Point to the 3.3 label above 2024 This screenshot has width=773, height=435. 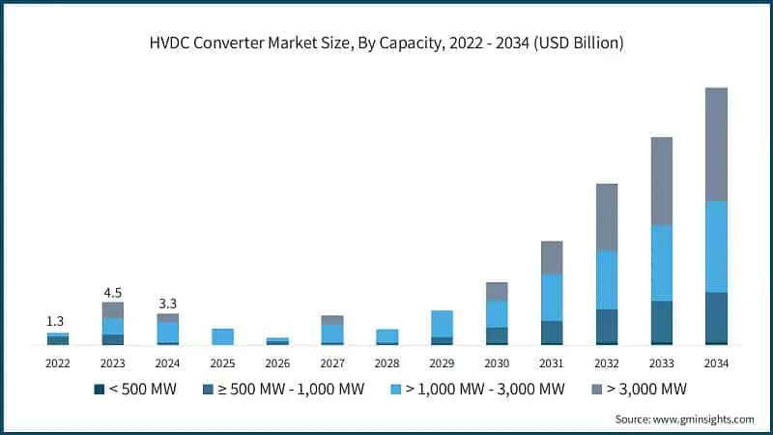(x=168, y=304)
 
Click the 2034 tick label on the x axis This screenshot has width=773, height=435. (x=717, y=362)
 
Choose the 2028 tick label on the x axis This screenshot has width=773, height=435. (x=387, y=362)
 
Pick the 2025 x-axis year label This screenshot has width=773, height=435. (x=222, y=362)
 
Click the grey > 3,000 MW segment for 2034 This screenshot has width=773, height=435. (x=717, y=144)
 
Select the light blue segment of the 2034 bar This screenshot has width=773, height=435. (x=717, y=246)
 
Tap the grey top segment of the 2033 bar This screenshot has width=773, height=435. (x=662, y=181)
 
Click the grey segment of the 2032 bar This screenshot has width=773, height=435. (x=607, y=217)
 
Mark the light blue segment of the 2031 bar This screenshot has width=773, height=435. (x=552, y=298)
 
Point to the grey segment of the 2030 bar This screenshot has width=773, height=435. (x=497, y=291)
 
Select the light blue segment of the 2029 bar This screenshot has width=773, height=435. (x=442, y=324)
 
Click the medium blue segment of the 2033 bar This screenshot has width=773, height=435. (x=662, y=321)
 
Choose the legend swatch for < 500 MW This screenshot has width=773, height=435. (x=99, y=390)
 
